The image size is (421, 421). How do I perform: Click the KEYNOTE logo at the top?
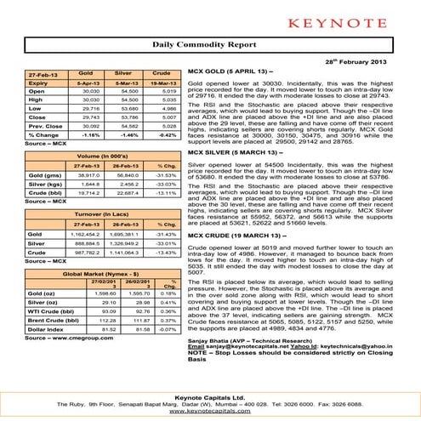[x=210, y=18]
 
